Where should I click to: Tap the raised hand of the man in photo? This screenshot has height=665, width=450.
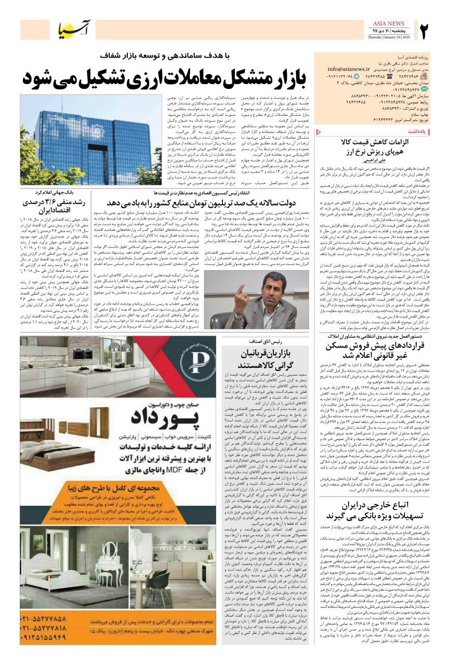242,286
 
